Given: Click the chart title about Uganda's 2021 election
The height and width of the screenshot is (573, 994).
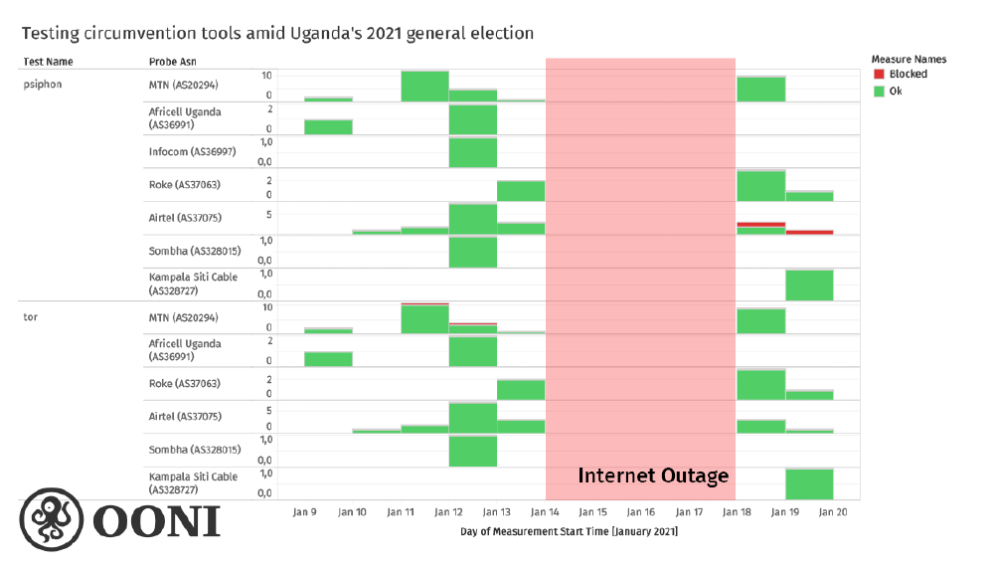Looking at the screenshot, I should tap(277, 34).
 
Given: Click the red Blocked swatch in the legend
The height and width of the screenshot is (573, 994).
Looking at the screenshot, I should tap(879, 75).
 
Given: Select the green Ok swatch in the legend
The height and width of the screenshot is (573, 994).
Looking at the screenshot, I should tap(879, 91).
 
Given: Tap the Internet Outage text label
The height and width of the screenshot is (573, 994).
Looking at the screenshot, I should tap(653, 476).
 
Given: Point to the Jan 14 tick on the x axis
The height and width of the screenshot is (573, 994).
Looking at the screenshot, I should tap(546, 511).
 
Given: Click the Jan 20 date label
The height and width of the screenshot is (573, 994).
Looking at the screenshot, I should tap(833, 511).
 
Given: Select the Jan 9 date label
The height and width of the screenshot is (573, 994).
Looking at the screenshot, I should tap(304, 511).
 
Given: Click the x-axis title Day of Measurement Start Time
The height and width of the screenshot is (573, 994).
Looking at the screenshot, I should tap(569, 532).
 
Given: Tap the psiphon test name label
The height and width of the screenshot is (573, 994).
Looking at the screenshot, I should tap(43, 85).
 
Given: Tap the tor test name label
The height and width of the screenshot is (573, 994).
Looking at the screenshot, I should tap(31, 317).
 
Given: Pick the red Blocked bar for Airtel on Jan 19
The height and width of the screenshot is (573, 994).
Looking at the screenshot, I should tap(809, 232).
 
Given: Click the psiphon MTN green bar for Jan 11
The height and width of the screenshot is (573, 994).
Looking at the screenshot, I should tap(424, 87).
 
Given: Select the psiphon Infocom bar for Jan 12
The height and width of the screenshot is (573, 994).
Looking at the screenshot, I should tap(472, 153).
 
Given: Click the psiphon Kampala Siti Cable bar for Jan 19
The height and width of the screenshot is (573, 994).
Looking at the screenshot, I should tap(809, 286).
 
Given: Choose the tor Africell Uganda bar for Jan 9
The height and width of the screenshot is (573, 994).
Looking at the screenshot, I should tap(328, 359).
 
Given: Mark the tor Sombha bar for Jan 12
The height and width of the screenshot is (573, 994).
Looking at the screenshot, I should tap(472, 451).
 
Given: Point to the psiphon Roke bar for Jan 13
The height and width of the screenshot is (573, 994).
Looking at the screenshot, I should tap(521, 191).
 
